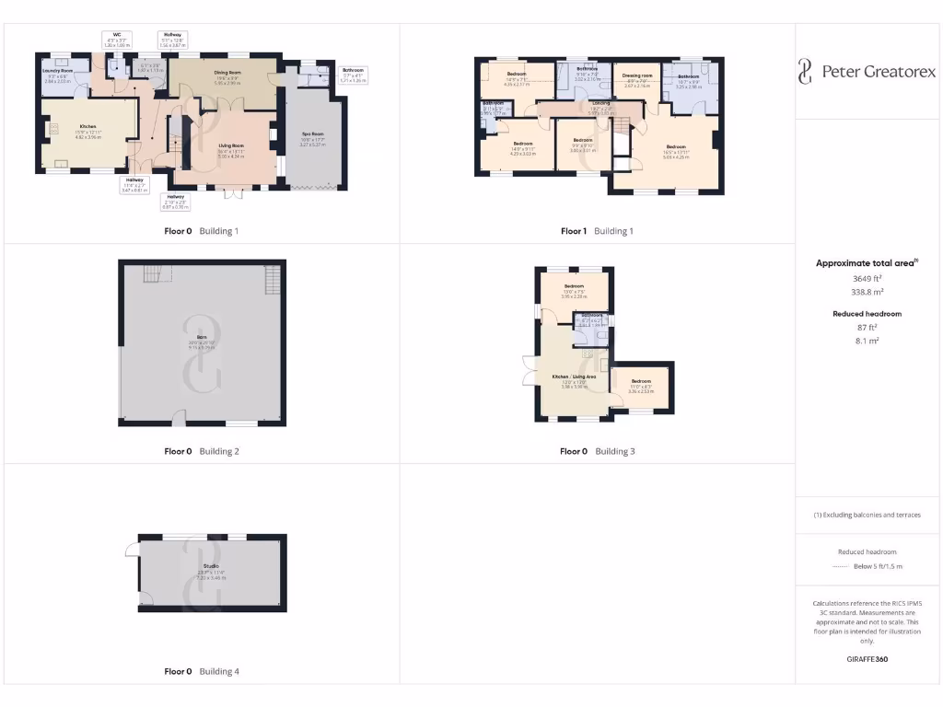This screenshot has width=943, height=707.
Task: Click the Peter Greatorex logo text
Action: (878, 71)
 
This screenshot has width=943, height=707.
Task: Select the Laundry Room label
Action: (58, 70)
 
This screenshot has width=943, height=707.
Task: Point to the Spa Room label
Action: (315, 134)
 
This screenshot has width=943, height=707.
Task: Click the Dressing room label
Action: (637, 75)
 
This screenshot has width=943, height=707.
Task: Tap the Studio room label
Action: (211, 566)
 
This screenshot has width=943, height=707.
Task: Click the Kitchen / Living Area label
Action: (574, 377)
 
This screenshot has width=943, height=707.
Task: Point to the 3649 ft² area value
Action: (866, 277)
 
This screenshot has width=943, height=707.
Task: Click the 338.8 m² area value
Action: (866, 291)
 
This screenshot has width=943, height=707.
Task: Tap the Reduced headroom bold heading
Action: (866, 314)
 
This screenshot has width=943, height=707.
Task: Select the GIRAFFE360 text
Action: (866, 659)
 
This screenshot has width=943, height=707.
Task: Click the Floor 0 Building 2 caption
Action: (202, 451)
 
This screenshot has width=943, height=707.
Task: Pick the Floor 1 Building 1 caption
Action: (597, 231)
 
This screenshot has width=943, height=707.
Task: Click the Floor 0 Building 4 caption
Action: (202, 671)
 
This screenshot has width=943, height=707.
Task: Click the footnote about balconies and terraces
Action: (866, 515)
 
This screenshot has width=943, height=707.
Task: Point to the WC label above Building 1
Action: (117, 34)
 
